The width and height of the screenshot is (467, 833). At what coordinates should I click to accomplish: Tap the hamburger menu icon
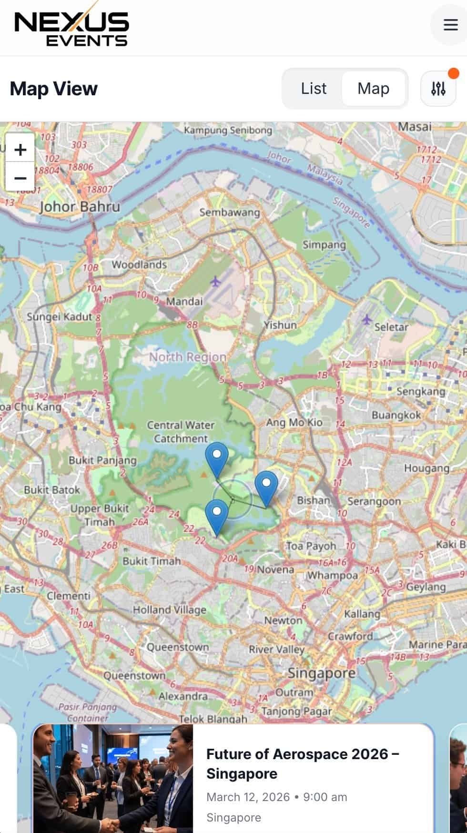click(x=450, y=25)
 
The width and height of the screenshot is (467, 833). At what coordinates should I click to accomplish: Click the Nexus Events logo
click(x=71, y=29)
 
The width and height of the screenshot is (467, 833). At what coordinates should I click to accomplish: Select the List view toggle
click(x=314, y=89)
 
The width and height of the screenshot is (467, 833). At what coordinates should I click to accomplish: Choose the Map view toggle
click(x=373, y=89)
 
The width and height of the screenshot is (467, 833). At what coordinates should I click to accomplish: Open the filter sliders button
click(x=438, y=89)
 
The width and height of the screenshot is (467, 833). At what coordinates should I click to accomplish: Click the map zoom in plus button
click(x=20, y=150)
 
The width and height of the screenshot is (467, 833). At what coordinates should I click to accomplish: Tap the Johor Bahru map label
click(x=80, y=207)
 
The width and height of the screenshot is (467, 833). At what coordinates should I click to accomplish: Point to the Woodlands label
click(x=139, y=264)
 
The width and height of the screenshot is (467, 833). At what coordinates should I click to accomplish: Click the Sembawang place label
click(x=230, y=213)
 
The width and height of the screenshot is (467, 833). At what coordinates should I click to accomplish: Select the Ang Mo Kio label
click(x=294, y=422)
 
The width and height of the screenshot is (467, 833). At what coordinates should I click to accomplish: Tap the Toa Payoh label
click(x=311, y=546)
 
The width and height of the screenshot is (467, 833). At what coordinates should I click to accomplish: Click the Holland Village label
click(x=169, y=610)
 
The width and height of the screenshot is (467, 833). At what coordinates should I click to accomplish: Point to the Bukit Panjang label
click(x=102, y=460)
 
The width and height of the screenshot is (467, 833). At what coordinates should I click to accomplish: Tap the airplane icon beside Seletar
click(x=366, y=320)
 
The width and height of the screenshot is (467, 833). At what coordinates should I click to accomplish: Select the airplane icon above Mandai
click(x=216, y=282)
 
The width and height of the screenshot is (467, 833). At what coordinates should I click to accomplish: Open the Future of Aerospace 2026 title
click(x=302, y=763)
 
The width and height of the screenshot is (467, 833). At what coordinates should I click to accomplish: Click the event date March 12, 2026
click(x=248, y=797)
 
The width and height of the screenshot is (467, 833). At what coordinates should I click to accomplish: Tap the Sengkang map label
click(x=421, y=391)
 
